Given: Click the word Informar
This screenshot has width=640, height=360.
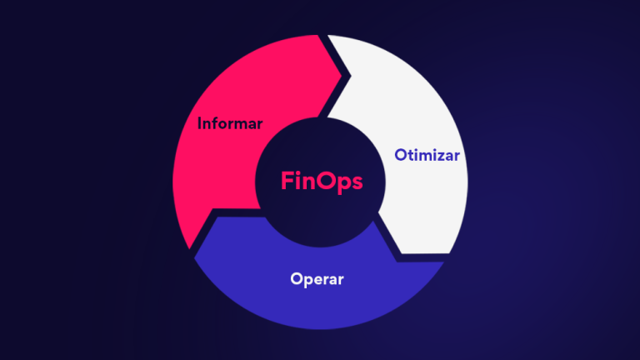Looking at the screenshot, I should pos(230,124).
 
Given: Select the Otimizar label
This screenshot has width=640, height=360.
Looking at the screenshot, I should pos(427,155).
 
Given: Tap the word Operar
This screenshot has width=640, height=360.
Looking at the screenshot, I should pos(317,278).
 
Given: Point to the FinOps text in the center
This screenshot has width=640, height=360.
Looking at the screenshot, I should pos(321,181).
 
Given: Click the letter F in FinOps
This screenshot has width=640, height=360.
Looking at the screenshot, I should pos(286,181).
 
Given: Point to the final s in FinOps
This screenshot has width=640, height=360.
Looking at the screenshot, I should pos(357,182).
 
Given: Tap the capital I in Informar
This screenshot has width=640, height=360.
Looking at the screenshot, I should pos(200,124).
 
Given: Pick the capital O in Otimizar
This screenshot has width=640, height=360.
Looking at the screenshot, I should pos(399,155).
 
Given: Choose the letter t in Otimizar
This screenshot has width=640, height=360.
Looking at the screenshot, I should pos(409,155).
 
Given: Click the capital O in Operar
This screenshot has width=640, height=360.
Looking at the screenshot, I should pos(297,278).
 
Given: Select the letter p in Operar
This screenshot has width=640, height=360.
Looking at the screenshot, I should pos(307,281).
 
